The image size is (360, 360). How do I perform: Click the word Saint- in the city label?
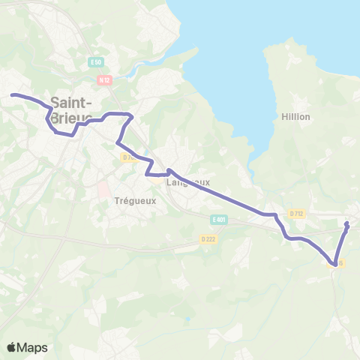[x=72, y=103]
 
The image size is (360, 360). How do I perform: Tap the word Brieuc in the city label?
[x=72, y=118]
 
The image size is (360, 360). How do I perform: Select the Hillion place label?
[x=295, y=117]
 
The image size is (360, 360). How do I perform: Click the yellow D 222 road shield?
[x=208, y=238]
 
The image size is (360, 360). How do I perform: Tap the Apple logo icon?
[x=12, y=347]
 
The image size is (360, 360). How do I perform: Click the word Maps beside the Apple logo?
[x=33, y=347]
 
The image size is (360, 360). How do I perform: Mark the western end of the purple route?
[x=13, y=94]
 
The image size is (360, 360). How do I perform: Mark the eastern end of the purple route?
[x=347, y=223]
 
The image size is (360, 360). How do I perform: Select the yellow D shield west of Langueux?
[x=127, y=157]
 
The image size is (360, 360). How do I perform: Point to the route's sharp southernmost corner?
[x=333, y=262]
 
